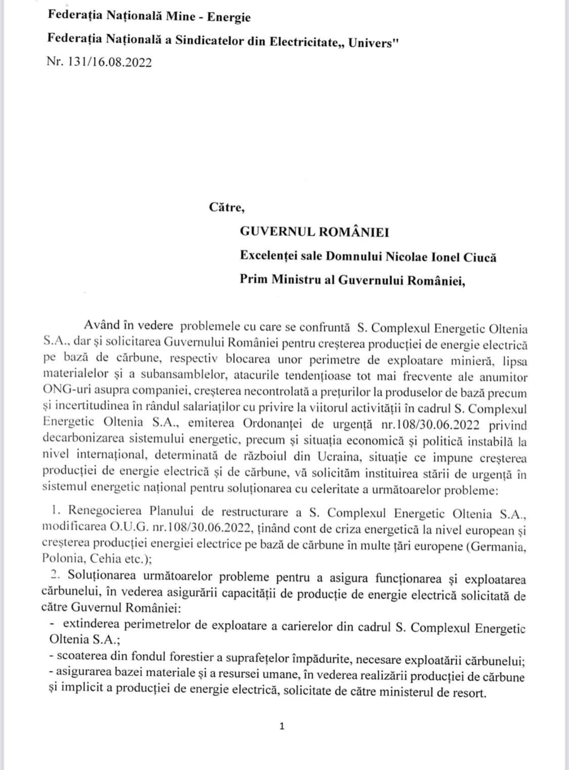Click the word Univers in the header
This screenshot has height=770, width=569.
(371, 42)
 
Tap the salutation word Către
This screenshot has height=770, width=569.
(227, 207)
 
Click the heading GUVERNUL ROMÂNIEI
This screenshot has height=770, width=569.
(314, 232)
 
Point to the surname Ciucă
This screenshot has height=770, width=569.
(478, 257)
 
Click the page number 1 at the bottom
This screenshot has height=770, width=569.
(282, 726)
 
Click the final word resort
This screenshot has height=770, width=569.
(469, 692)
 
